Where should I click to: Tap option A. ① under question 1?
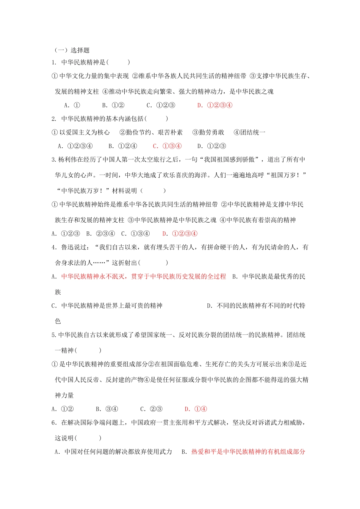72,105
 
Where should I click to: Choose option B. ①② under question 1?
113,105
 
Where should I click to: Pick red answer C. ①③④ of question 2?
167,146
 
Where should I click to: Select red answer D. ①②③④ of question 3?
180,234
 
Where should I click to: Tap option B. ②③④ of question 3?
100,234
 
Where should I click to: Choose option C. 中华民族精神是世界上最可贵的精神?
107,306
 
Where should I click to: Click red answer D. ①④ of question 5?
196,409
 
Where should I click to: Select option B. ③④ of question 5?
107,409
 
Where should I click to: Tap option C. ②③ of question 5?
152,409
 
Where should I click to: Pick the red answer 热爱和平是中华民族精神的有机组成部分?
248,452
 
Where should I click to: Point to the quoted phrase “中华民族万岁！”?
83,191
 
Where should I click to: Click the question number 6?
53,423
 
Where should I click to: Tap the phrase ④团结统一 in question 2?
249,133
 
